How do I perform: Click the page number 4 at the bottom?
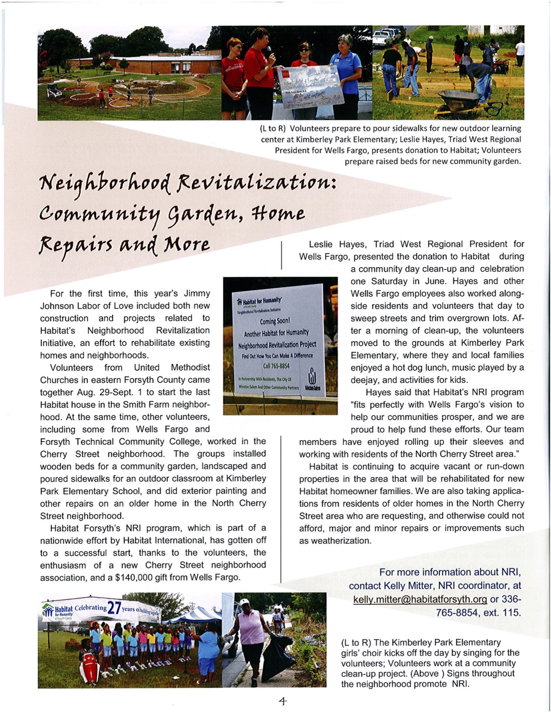[x=283, y=701]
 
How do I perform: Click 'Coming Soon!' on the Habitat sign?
[x=275, y=321]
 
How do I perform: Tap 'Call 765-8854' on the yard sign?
[x=276, y=366]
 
